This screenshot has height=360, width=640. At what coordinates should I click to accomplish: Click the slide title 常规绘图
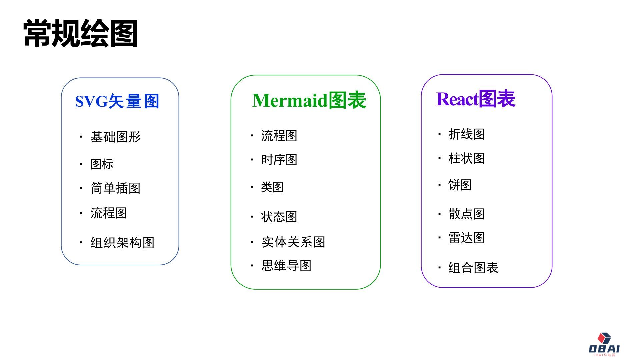click(x=80, y=33)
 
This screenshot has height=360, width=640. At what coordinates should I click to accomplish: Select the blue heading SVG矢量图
click(x=117, y=101)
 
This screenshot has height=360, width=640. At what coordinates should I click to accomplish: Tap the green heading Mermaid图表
click(x=309, y=100)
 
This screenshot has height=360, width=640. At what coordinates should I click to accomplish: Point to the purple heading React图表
click(x=476, y=99)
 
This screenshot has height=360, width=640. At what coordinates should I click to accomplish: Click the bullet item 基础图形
click(x=116, y=137)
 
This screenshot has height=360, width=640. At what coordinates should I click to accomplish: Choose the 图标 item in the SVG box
click(x=102, y=164)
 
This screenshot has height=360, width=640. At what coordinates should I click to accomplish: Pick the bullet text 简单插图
click(x=116, y=188)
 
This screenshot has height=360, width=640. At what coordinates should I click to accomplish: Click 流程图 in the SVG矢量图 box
click(x=109, y=213)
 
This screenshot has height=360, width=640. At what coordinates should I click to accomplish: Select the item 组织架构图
click(x=122, y=242)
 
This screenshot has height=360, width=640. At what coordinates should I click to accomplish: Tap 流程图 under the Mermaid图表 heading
click(x=279, y=136)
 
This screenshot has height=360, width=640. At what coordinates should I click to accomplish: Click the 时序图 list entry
click(x=279, y=160)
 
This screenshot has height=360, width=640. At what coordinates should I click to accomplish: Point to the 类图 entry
click(x=272, y=187)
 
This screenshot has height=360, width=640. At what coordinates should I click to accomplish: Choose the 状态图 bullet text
click(x=279, y=217)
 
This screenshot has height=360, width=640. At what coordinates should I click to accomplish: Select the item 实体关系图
click(x=293, y=242)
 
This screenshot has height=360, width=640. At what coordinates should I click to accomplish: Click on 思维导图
click(x=286, y=266)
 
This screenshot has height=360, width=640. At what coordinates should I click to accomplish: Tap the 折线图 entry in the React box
click(x=467, y=134)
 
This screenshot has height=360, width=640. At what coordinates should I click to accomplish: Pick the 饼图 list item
click(x=460, y=185)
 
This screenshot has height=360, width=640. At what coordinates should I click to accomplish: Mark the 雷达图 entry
click(x=467, y=238)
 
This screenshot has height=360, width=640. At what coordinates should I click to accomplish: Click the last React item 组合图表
click(x=473, y=267)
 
